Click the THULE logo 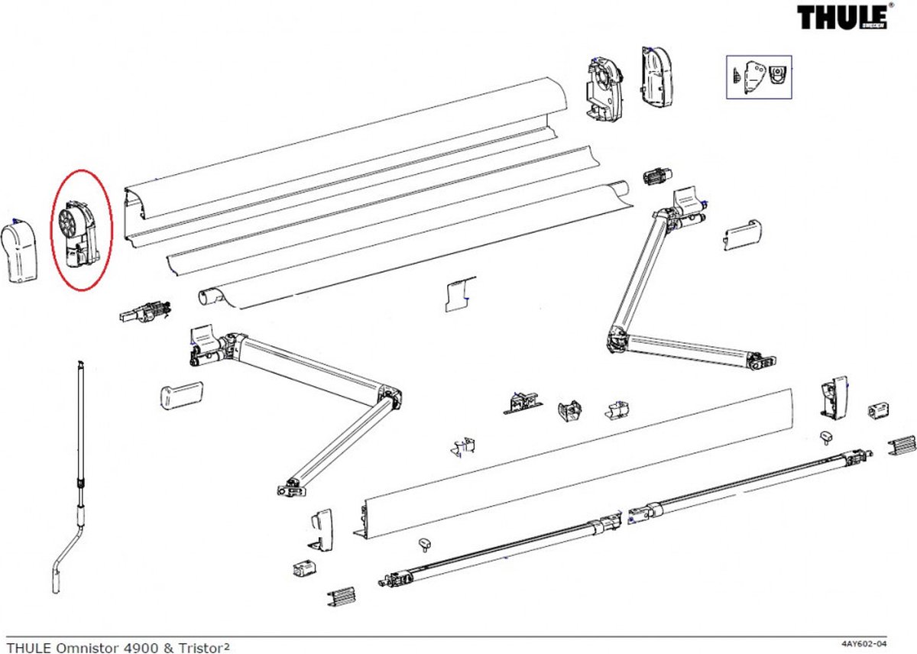click(x=843, y=17)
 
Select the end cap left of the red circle click(x=21, y=251)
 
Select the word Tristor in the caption click(x=199, y=647)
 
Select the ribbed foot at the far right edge click(x=902, y=445)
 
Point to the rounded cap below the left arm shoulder click(x=180, y=396)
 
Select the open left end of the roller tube click(x=207, y=296)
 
